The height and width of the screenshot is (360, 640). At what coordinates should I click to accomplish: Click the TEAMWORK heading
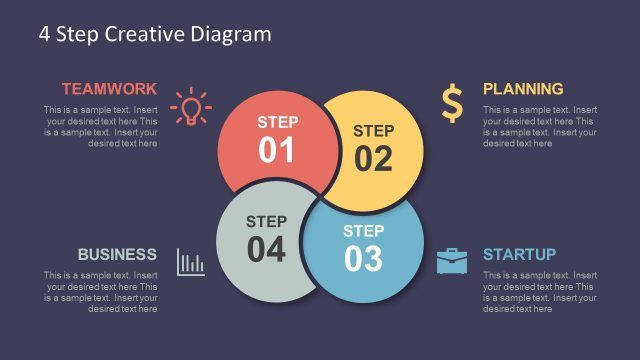[109, 88]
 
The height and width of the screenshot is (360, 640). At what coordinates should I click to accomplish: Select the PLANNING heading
[523, 88]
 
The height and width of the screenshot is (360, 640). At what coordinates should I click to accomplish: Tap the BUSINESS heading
[117, 254]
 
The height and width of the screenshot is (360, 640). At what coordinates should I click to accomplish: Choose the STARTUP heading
[519, 254]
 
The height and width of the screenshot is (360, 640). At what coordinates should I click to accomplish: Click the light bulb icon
[190, 106]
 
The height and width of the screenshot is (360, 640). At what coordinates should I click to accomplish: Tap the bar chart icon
[190, 262]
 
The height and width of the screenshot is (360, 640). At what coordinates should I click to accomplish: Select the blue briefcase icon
[452, 262]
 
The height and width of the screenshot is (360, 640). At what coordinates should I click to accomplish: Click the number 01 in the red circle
[277, 150]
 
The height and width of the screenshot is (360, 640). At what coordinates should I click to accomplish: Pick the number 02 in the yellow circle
[373, 158]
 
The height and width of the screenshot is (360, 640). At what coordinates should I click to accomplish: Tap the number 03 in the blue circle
[363, 259]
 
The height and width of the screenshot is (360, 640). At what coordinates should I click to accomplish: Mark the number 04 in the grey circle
[266, 250]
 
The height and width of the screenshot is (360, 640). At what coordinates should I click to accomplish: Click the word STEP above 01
[277, 122]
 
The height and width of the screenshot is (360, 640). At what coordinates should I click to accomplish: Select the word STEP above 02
[373, 130]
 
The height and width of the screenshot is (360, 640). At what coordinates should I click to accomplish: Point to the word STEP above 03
[363, 231]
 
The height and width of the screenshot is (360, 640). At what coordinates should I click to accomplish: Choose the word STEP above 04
[266, 221]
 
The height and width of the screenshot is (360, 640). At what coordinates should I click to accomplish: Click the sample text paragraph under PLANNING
[540, 127]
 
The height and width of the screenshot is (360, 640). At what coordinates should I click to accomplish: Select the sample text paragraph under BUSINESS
[100, 292]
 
